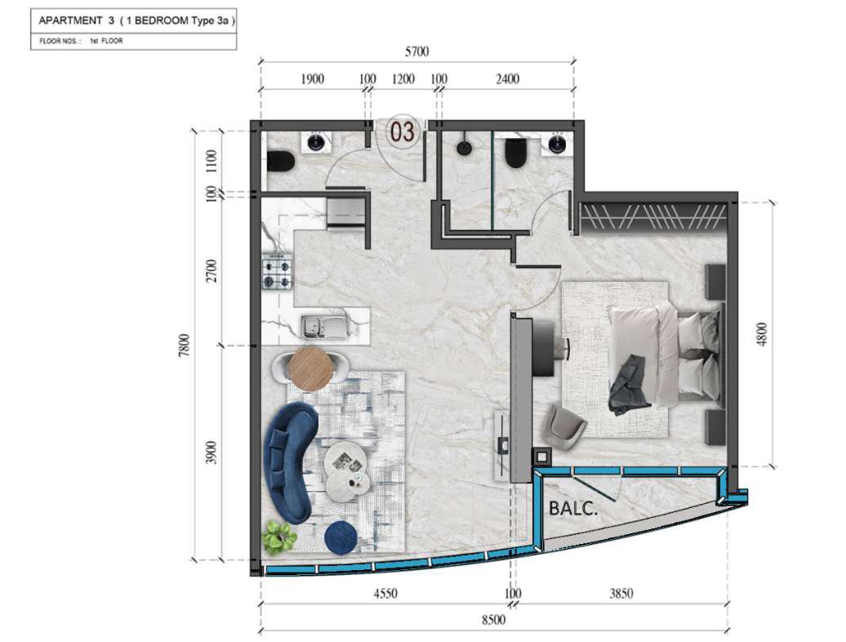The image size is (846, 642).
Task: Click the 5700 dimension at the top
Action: point(416,51)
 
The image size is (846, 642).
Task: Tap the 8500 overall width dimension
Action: point(493,619)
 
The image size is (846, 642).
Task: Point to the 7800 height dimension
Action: point(185,346)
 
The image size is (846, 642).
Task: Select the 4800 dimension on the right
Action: point(761,335)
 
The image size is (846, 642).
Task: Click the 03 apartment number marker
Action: point(403,132)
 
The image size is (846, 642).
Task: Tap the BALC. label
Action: point(573,509)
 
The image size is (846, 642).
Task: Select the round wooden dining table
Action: point(309,368)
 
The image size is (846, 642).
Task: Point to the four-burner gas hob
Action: point(278,274)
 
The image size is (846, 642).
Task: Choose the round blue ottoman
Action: point(341,536)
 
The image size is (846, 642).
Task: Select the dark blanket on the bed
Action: point(629,386)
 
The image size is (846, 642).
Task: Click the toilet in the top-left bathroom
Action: point(280,163)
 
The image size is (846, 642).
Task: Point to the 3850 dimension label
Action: point(621,594)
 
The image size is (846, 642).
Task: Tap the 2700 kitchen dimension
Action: point(212,271)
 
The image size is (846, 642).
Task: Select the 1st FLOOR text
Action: point(106,41)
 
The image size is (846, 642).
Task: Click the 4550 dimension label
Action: point(385,594)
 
